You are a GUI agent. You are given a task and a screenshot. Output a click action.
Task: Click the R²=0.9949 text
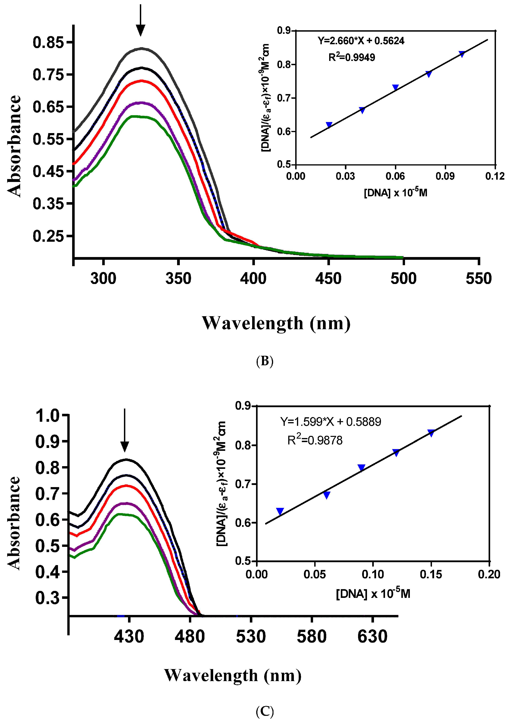coord(352,57)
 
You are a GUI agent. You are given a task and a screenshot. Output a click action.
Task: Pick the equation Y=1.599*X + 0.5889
coord(331,422)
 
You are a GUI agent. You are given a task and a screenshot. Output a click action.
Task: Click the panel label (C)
coord(265,711)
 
